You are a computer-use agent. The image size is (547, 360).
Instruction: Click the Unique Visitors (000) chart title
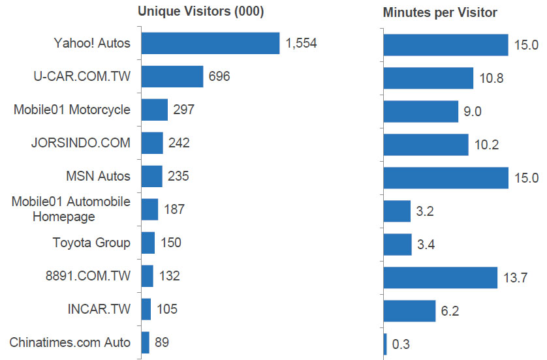[200, 12]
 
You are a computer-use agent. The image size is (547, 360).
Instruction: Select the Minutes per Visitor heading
[440, 12]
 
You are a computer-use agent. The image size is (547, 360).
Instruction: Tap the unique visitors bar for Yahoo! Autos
[210, 44]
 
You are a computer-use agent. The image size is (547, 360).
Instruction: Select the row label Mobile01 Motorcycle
[72, 110]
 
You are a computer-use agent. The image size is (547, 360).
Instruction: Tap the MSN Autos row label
[98, 176]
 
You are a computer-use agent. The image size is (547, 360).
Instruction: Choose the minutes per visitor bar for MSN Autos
[446, 177]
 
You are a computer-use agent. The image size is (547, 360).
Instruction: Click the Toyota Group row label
[91, 243]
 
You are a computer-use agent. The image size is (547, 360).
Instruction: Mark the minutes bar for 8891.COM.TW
[441, 277]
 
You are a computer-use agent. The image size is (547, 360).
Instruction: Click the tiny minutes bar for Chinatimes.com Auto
[385, 344]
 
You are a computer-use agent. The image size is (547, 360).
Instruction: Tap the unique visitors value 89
[163, 342]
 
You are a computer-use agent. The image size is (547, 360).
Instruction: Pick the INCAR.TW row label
[99, 309]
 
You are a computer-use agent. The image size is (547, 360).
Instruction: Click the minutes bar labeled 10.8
[428, 78]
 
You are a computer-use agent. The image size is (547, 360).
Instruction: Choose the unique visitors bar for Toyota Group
[148, 243]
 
